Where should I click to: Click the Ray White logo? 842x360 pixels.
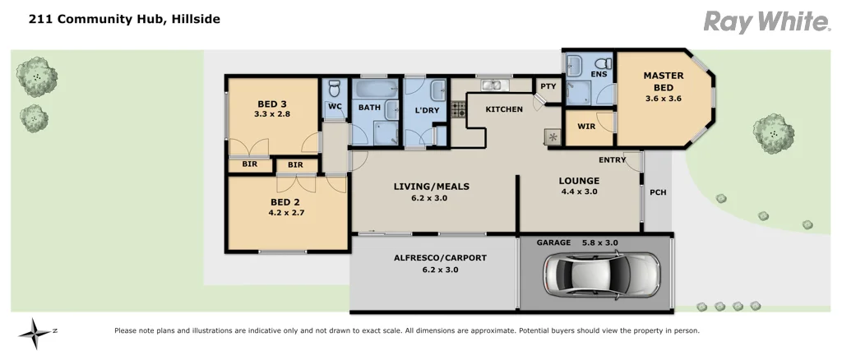tap(766, 21)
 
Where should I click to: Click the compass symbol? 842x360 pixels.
tap(35, 332)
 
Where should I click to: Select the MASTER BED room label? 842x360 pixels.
tap(663, 81)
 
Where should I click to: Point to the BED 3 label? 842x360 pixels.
tap(272, 104)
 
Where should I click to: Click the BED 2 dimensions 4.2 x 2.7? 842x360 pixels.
tap(287, 212)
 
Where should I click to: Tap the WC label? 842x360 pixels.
tap(334, 106)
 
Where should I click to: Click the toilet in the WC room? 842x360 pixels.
tap(334, 89)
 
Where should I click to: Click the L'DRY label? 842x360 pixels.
tap(426, 110)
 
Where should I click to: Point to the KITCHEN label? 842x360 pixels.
tap(504, 109)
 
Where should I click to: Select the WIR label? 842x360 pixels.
tap(586, 127)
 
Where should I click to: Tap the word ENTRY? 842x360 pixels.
tap(612, 159)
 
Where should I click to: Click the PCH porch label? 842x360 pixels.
tap(658, 193)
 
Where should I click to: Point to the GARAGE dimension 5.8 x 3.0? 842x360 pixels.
tap(599, 242)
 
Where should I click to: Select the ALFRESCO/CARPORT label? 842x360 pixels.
tap(440, 257)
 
